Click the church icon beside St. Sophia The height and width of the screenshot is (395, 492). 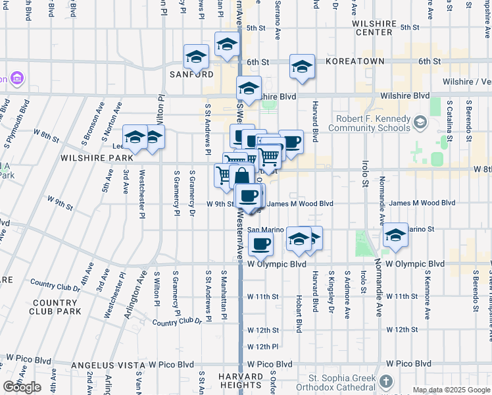(x=386, y=381)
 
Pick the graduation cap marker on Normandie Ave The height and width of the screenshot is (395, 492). (x=395, y=235)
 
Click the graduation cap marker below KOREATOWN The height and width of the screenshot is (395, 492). (x=301, y=66)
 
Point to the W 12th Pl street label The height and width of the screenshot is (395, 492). (x=263, y=346)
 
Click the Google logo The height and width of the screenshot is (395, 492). (x=22, y=387)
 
